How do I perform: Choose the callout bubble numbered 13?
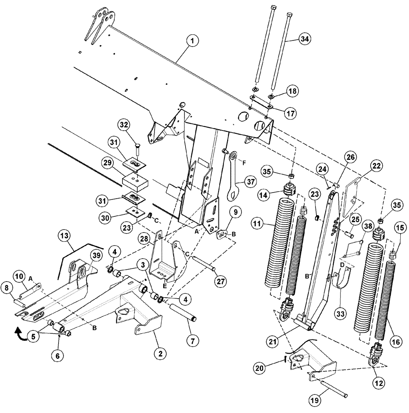click(x=64, y=235)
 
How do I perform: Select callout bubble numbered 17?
click(x=291, y=112)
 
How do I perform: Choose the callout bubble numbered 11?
click(x=259, y=224)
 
